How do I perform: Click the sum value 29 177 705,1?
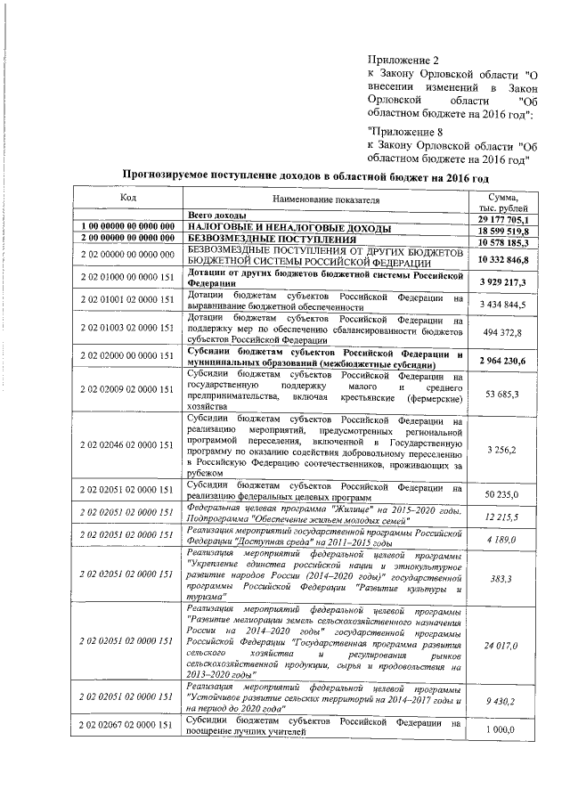(503, 219)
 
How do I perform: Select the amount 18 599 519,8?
(503, 230)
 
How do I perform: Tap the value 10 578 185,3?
(503, 241)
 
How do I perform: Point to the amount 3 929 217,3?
(503, 281)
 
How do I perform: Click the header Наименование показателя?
(325, 202)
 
